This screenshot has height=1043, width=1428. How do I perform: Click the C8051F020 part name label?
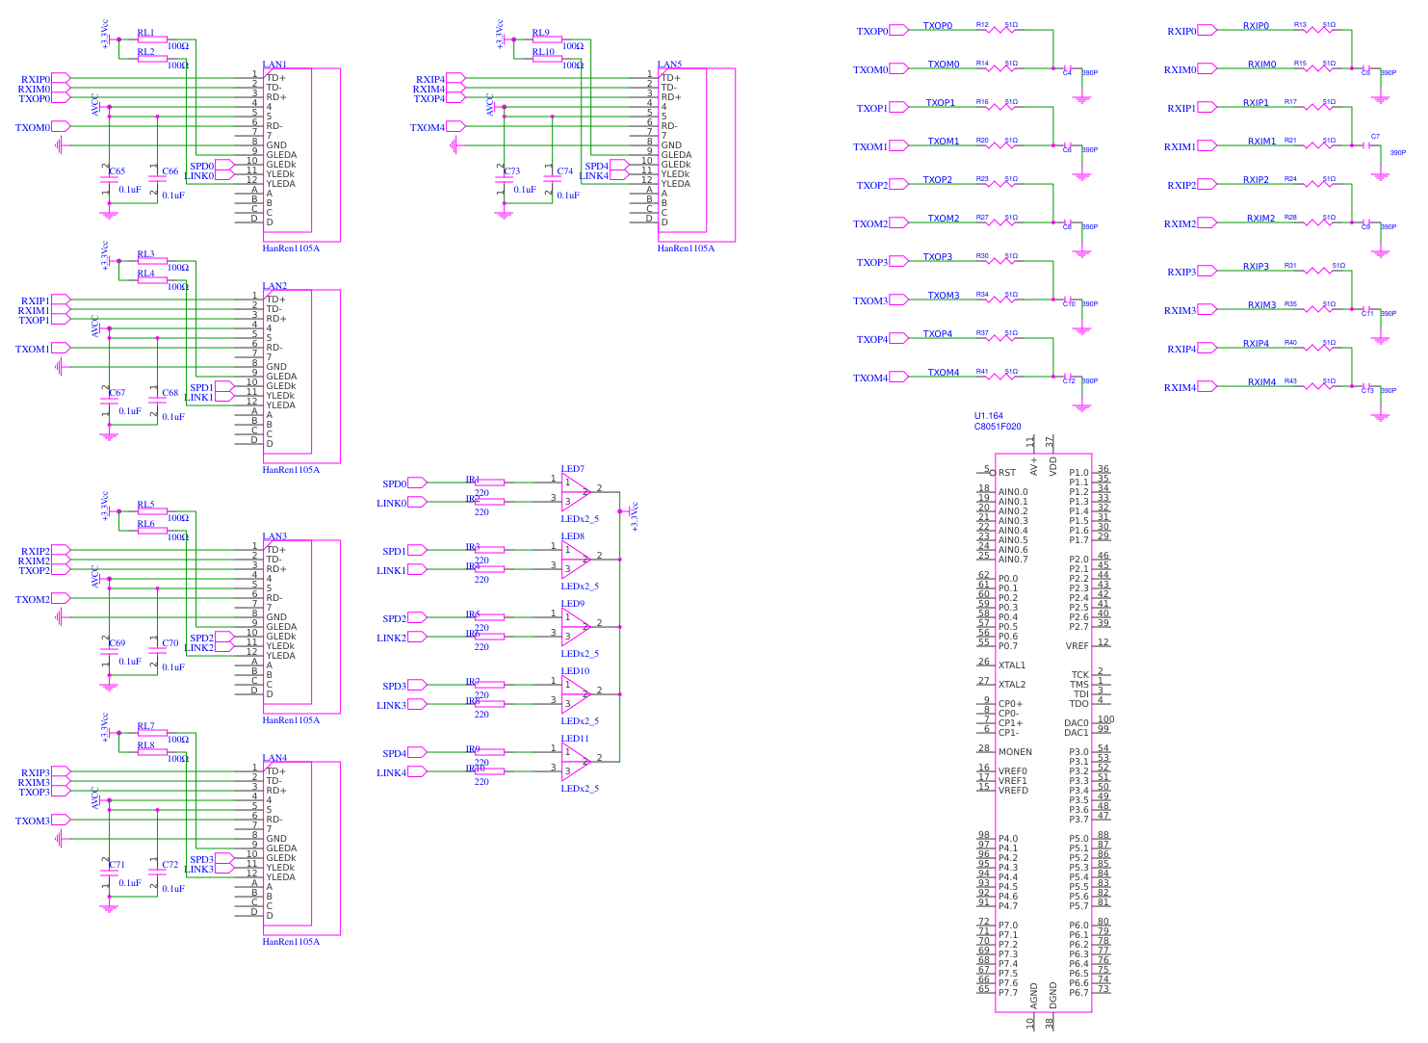[x=998, y=427]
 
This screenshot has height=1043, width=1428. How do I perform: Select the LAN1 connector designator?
[x=274, y=65]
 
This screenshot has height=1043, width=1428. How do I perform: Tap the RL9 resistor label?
[x=540, y=33]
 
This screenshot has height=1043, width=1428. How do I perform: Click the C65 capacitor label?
[x=117, y=171]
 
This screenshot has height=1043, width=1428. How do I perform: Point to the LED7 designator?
[x=573, y=469]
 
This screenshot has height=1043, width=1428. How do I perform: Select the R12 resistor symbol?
[x=1001, y=30]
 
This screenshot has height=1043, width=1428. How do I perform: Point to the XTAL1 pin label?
[x=1012, y=665]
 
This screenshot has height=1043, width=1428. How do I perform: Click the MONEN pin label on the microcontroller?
[x=1015, y=752]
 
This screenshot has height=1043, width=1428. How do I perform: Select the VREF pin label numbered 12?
[x=1077, y=646]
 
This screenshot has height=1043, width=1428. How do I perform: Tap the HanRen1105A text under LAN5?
[x=686, y=248]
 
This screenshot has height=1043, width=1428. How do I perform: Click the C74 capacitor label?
[x=565, y=171]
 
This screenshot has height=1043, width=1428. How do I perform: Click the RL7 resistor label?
[x=145, y=726]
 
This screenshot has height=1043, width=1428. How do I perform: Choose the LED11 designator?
[x=575, y=739]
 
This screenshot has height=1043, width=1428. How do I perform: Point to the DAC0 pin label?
[x=1077, y=723]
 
